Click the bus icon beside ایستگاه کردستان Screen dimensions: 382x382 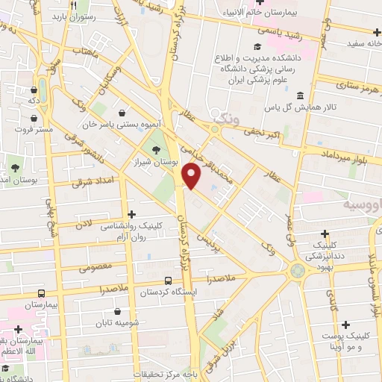pyautogui.click(x=169, y=281)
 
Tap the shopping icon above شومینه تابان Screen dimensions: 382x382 pyautogui.click(x=116, y=311)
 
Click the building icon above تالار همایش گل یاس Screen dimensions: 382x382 pyautogui.click(x=300, y=95)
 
